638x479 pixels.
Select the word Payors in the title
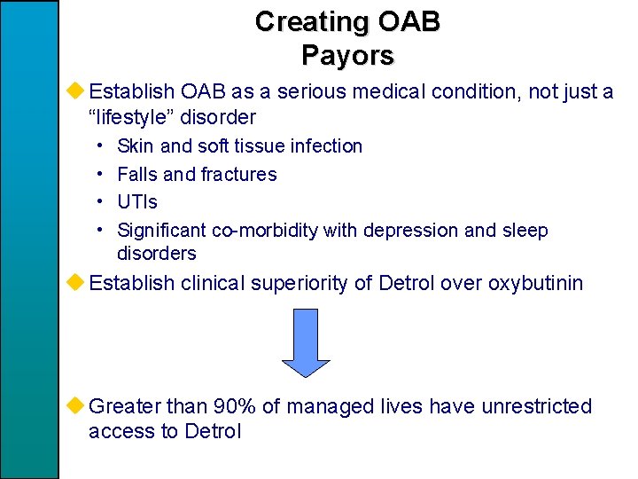(347, 55)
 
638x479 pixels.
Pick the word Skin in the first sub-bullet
(136, 145)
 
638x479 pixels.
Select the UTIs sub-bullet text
(137, 202)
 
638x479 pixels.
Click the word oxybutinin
(532, 283)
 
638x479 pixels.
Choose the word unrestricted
(536, 406)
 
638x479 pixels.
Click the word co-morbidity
(264, 231)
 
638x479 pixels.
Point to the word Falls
(136, 174)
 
